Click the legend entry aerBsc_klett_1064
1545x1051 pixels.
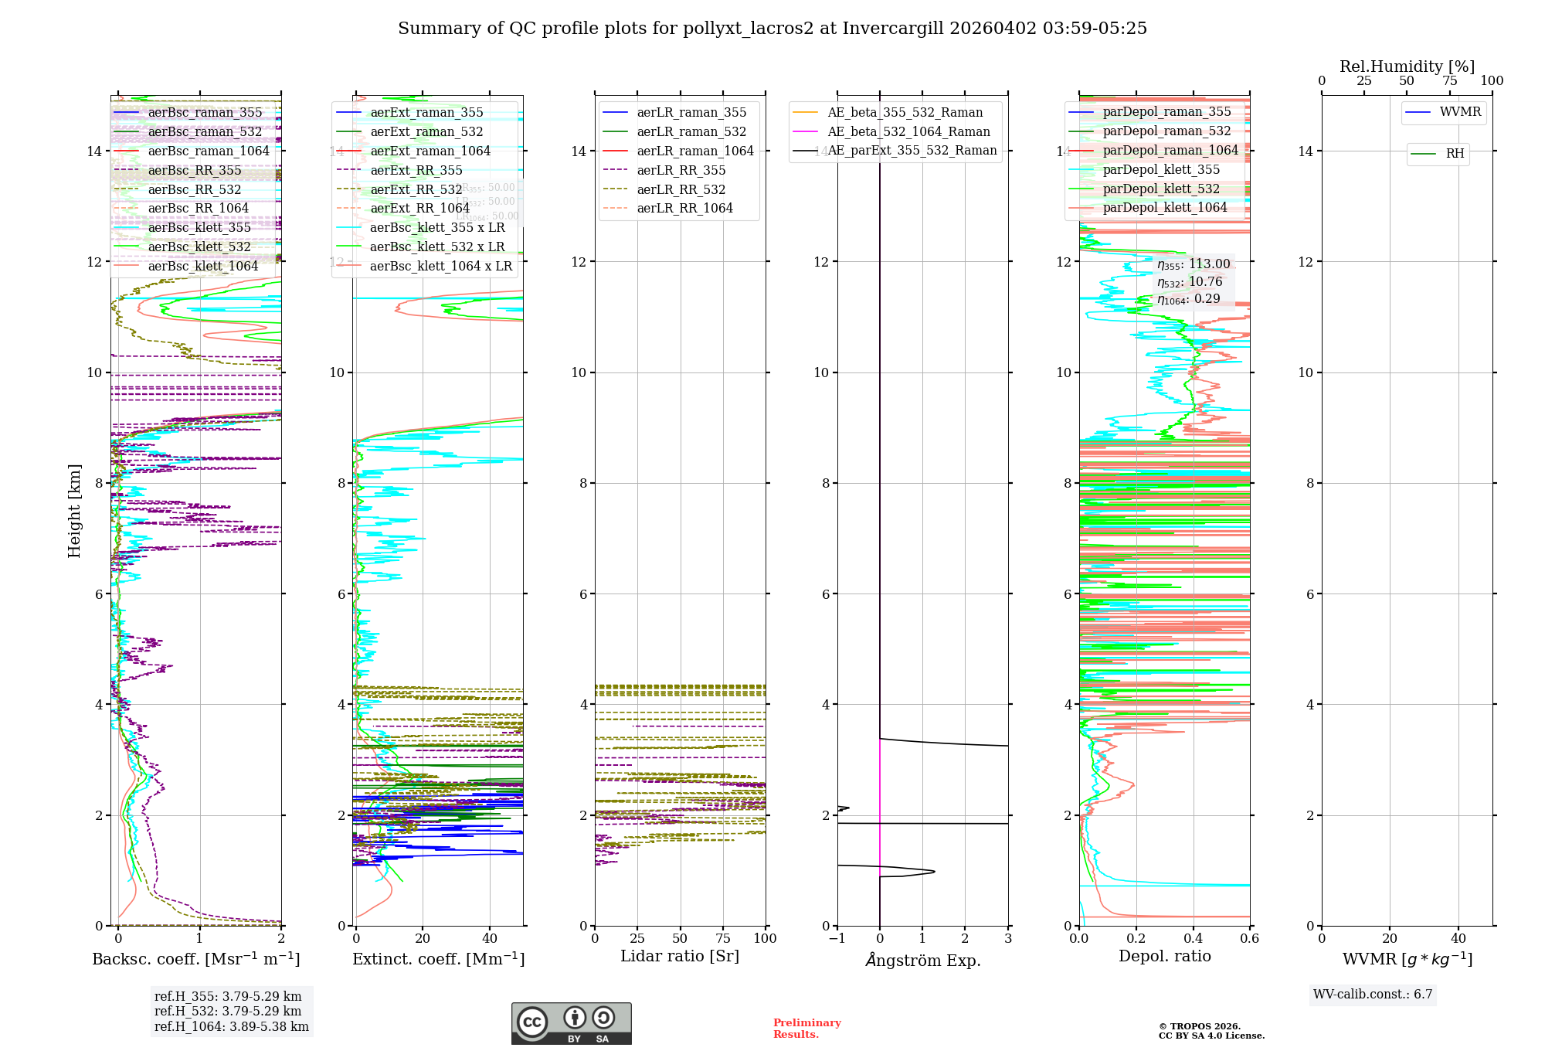pos(202,267)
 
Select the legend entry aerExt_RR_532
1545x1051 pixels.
pos(416,190)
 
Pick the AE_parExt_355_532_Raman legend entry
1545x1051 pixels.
pos(912,151)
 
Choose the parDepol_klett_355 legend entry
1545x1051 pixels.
pos(1161,170)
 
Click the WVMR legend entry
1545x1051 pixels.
pos(1460,113)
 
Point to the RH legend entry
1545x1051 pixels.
pos(1455,154)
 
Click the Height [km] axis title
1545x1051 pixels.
pos(74,511)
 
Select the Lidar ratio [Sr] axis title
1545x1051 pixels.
pos(680,957)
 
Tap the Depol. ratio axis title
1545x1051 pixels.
pos(1164,957)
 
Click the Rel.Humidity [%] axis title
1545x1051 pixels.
pos(1407,66)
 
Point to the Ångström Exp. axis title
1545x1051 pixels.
pos(922,961)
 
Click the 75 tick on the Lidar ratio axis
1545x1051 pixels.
pos(723,938)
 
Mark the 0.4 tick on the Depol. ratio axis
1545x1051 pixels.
pos(1193,938)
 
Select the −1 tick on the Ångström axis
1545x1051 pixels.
pos(837,938)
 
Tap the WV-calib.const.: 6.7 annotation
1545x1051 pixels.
pos(1373,995)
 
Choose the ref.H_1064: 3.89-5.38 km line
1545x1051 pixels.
pos(232,1027)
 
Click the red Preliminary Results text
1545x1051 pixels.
pos(806,1029)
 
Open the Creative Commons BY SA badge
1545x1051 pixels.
pos(571,1024)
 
